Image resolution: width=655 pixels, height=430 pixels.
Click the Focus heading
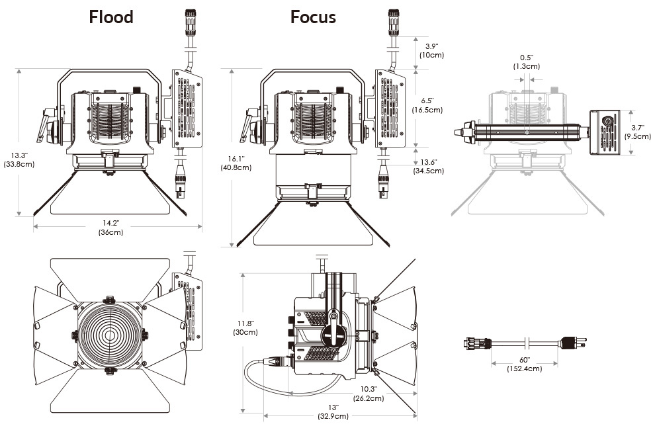(x=313, y=17)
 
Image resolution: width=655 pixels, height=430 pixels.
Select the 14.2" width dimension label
(x=111, y=228)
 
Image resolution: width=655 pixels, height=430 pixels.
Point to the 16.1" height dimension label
(x=235, y=163)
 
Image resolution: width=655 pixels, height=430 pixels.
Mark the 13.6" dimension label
(x=429, y=166)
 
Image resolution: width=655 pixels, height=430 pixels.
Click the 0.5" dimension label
(x=527, y=62)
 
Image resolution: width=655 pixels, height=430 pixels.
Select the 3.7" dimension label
(x=638, y=132)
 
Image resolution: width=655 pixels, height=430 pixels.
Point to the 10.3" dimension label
(x=368, y=394)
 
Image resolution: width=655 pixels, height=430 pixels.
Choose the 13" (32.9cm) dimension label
(x=333, y=411)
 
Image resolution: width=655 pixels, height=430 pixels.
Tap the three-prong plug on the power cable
(x=572, y=343)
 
